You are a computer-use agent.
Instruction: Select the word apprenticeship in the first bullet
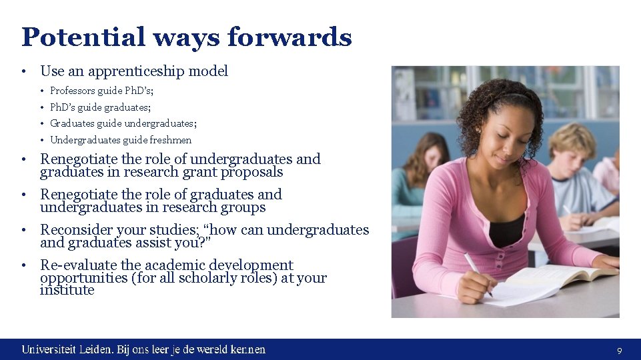(137, 71)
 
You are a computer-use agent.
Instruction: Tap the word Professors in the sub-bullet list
(73, 91)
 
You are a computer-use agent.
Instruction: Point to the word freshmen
(171, 140)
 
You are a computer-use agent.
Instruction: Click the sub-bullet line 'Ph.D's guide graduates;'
(100, 107)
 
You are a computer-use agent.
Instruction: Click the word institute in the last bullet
(67, 290)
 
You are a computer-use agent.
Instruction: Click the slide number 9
(620, 350)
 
